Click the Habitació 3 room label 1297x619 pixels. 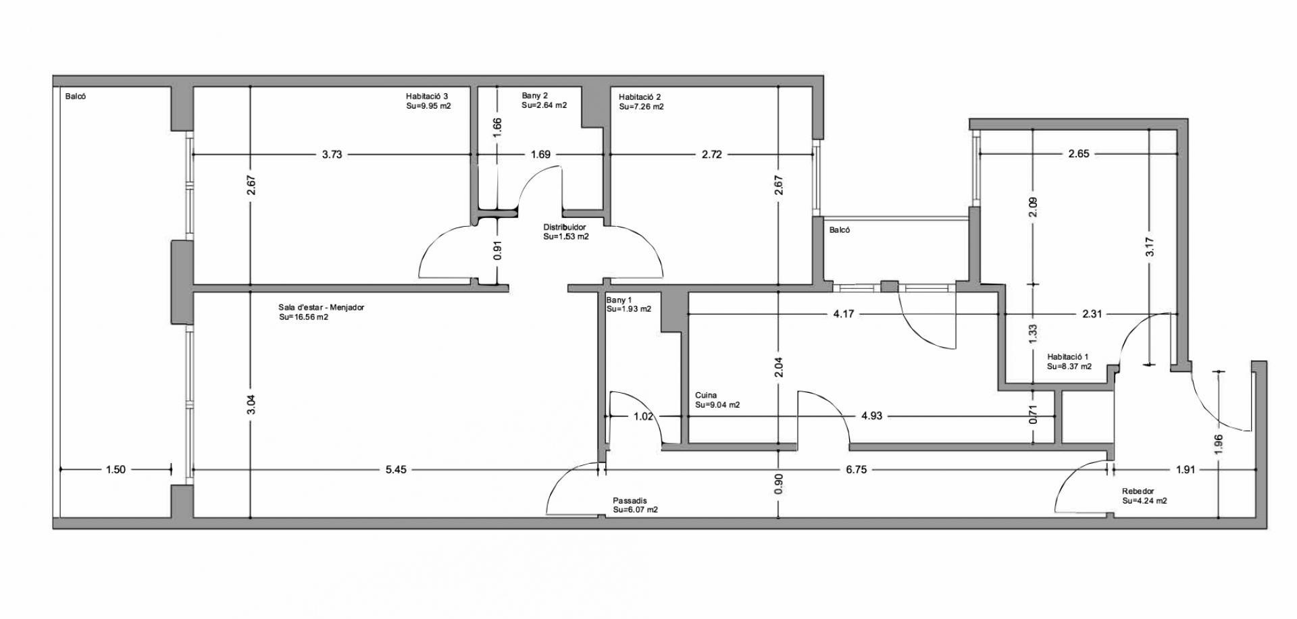pyautogui.click(x=427, y=96)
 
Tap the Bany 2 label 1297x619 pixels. pyautogui.click(x=534, y=96)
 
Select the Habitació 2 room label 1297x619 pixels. pyautogui.click(x=640, y=97)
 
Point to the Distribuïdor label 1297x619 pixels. pyautogui.click(x=565, y=227)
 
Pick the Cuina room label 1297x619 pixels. pyautogui.click(x=706, y=396)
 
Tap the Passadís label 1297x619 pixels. pyautogui.click(x=630, y=501)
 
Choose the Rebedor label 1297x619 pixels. pyautogui.click(x=1138, y=491)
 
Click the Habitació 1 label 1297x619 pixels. pyautogui.click(x=1068, y=357)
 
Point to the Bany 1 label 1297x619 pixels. pyautogui.click(x=619, y=300)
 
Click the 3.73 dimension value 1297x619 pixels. pyautogui.click(x=332, y=155)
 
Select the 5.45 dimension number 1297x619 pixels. pyautogui.click(x=396, y=470)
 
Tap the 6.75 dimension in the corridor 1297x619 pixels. pyautogui.click(x=856, y=470)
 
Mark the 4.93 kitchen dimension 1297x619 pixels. pyautogui.click(x=872, y=416)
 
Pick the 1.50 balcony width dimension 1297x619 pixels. pyautogui.click(x=116, y=470)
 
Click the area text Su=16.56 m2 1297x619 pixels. pyautogui.click(x=304, y=317)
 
